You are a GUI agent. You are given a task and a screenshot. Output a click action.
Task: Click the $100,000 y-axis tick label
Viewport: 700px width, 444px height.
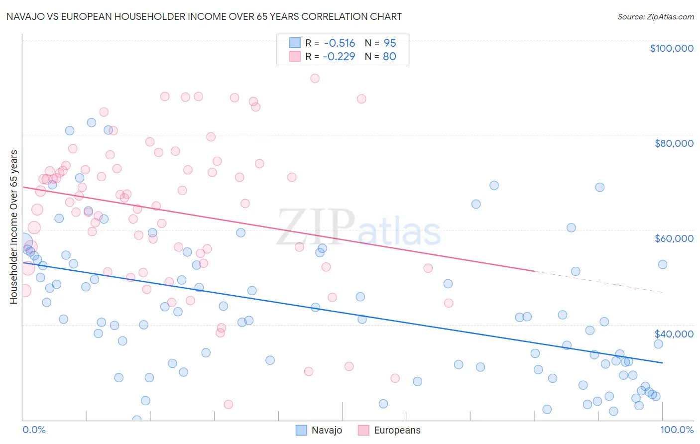(671, 48)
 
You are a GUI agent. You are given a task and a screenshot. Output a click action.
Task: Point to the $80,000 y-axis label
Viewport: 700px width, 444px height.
(674, 143)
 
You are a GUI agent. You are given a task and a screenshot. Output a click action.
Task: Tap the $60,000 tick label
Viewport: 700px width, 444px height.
(674, 238)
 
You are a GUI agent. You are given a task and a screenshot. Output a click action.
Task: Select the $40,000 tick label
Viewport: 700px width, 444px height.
(674, 334)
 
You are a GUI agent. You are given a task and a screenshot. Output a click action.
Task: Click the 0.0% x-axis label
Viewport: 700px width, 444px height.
(34, 430)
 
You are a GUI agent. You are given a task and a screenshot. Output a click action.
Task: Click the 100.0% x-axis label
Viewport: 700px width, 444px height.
(677, 430)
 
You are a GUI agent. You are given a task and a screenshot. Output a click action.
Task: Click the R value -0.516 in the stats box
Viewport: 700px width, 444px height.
(340, 43)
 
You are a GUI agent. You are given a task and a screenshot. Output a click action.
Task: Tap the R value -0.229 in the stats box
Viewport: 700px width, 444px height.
(339, 57)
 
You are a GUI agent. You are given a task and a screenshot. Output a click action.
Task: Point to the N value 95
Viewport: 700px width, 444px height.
(390, 43)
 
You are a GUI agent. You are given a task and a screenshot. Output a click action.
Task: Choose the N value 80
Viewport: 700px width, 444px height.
(389, 57)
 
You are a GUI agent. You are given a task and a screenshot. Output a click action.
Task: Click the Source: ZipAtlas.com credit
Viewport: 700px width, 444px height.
(655, 17)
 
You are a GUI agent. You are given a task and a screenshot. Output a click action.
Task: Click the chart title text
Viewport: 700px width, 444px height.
(204, 17)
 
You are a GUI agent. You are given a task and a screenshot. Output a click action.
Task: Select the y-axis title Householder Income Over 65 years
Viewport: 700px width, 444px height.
(14, 226)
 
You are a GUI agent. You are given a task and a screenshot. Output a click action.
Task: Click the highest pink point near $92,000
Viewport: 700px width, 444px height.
(315, 78)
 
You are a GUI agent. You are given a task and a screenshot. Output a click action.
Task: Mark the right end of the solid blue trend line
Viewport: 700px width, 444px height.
(662, 363)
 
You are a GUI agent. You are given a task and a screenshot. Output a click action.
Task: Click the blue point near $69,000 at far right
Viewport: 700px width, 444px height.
(600, 187)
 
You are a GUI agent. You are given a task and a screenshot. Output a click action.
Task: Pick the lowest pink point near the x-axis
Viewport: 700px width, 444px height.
(229, 404)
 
